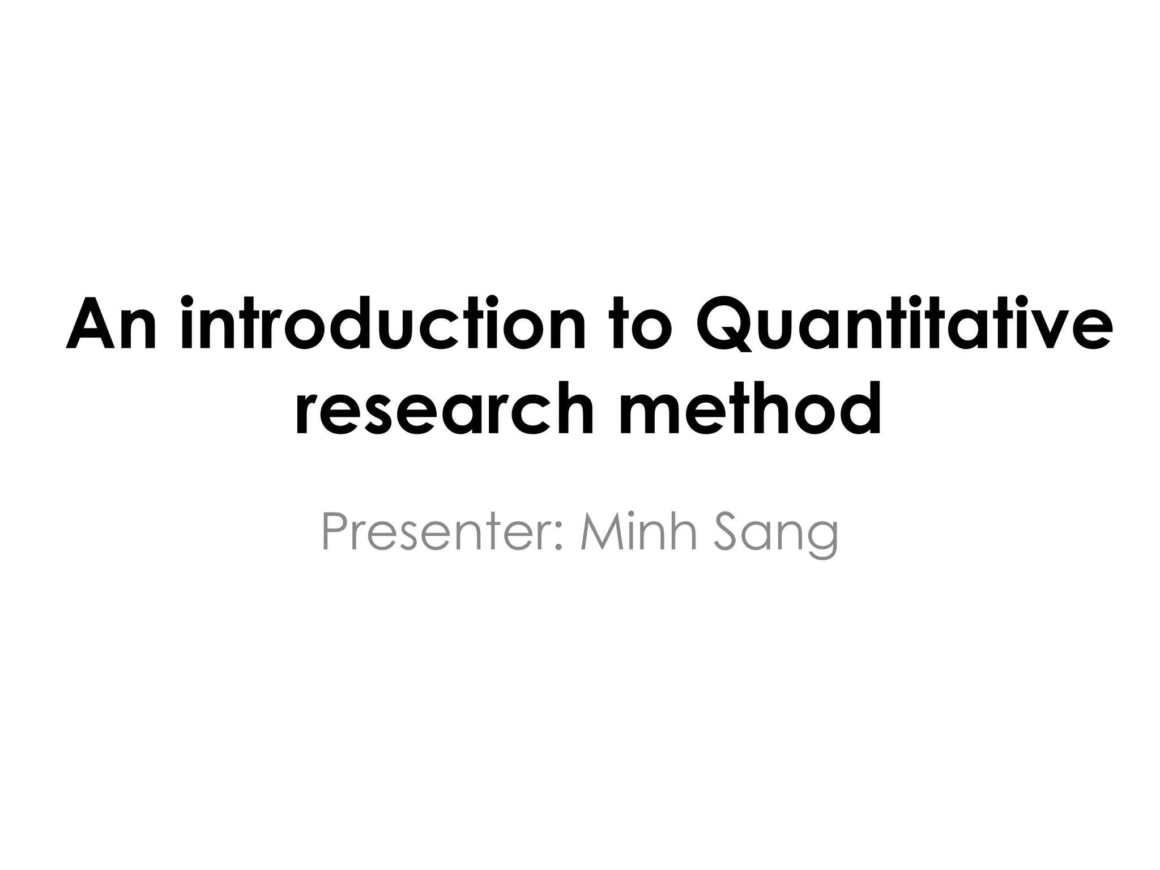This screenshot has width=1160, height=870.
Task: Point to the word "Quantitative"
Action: tap(902, 325)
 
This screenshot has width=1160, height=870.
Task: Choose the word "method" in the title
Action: tap(750, 408)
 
